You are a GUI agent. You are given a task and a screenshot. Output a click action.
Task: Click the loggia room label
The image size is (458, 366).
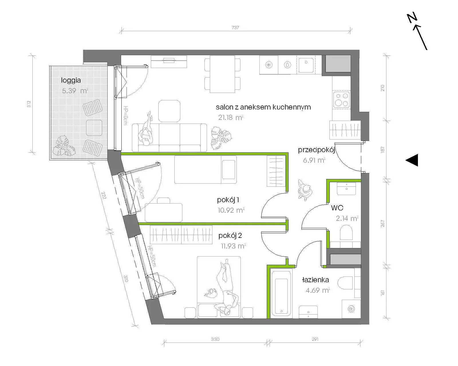tap(71, 80)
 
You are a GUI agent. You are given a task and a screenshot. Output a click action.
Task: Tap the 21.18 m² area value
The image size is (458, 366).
tap(231, 118)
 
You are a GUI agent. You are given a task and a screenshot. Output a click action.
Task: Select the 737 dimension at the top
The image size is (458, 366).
tap(235, 27)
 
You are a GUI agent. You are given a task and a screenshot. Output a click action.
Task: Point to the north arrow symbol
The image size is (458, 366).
tap(417, 32)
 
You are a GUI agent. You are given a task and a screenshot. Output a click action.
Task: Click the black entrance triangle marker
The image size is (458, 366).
tap(412, 160)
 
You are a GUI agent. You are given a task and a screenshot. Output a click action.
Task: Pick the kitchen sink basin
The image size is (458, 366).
tap(306, 65)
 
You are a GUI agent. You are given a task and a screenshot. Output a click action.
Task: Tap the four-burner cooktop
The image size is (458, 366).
tap(341, 100)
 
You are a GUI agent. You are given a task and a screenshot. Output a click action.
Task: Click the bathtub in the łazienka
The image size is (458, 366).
tap(281, 293)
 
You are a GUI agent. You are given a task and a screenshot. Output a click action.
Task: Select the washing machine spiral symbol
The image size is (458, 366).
tap(351, 309)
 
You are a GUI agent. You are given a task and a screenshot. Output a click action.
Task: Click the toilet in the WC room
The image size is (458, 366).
tap(346, 232)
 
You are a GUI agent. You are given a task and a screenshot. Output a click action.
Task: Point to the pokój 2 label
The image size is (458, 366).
tap(230, 236)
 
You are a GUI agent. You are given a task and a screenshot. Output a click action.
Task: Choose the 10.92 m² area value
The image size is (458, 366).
tap(231, 210)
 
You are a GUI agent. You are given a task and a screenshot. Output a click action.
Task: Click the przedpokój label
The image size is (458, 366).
tap(317, 150)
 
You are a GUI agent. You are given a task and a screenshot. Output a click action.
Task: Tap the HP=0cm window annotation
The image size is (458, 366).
tap(125, 115)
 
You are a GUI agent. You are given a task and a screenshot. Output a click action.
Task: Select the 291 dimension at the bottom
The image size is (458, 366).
tap(315, 339)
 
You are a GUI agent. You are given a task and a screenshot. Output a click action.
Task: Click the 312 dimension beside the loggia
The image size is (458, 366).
tap(29, 104)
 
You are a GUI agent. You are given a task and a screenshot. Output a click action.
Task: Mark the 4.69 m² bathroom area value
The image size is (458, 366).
tap(318, 290)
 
